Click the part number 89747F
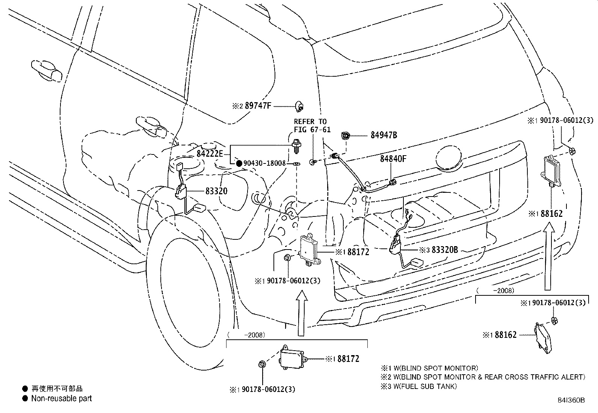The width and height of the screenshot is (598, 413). click(x=258, y=106)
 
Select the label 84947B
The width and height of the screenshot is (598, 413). click(x=384, y=135)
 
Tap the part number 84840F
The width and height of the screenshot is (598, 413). click(x=393, y=159)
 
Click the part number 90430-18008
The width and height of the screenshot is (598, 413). click(x=264, y=163)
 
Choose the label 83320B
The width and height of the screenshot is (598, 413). click(x=445, y=250)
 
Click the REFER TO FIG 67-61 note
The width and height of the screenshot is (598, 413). click(x=310, y=126)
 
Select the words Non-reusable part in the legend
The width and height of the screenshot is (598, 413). click(x=61, y=398)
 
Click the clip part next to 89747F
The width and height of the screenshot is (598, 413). click(x=299, y=106)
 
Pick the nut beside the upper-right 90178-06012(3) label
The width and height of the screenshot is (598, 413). click(x=571, y=151)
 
